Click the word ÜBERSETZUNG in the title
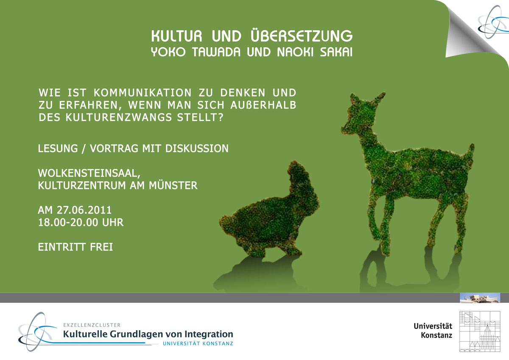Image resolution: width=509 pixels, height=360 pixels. pos(302,36)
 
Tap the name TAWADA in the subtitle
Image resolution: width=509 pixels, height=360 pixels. pos(216,52)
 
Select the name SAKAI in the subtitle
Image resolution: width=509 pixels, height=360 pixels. pos(336,52)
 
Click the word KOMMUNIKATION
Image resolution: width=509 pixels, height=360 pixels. pos(143,93)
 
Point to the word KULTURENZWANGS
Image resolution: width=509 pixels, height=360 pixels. pos(119,117)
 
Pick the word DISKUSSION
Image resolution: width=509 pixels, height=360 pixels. pos(197,149)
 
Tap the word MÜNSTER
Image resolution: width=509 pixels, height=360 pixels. pos(173,185)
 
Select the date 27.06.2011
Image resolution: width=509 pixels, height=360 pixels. pos(84,210)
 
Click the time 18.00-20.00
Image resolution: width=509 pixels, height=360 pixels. pos(68,222)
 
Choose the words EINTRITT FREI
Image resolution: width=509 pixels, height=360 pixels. pos(76,247)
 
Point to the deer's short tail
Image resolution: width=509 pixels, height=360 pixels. pos(470,151)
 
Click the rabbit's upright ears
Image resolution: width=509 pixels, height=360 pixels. pos(296,173)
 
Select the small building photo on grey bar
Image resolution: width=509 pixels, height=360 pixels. pos(480,298)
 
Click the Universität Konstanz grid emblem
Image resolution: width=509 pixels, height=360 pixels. pos(480,332)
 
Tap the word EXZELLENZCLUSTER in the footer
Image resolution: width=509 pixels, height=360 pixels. pos(92,325)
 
